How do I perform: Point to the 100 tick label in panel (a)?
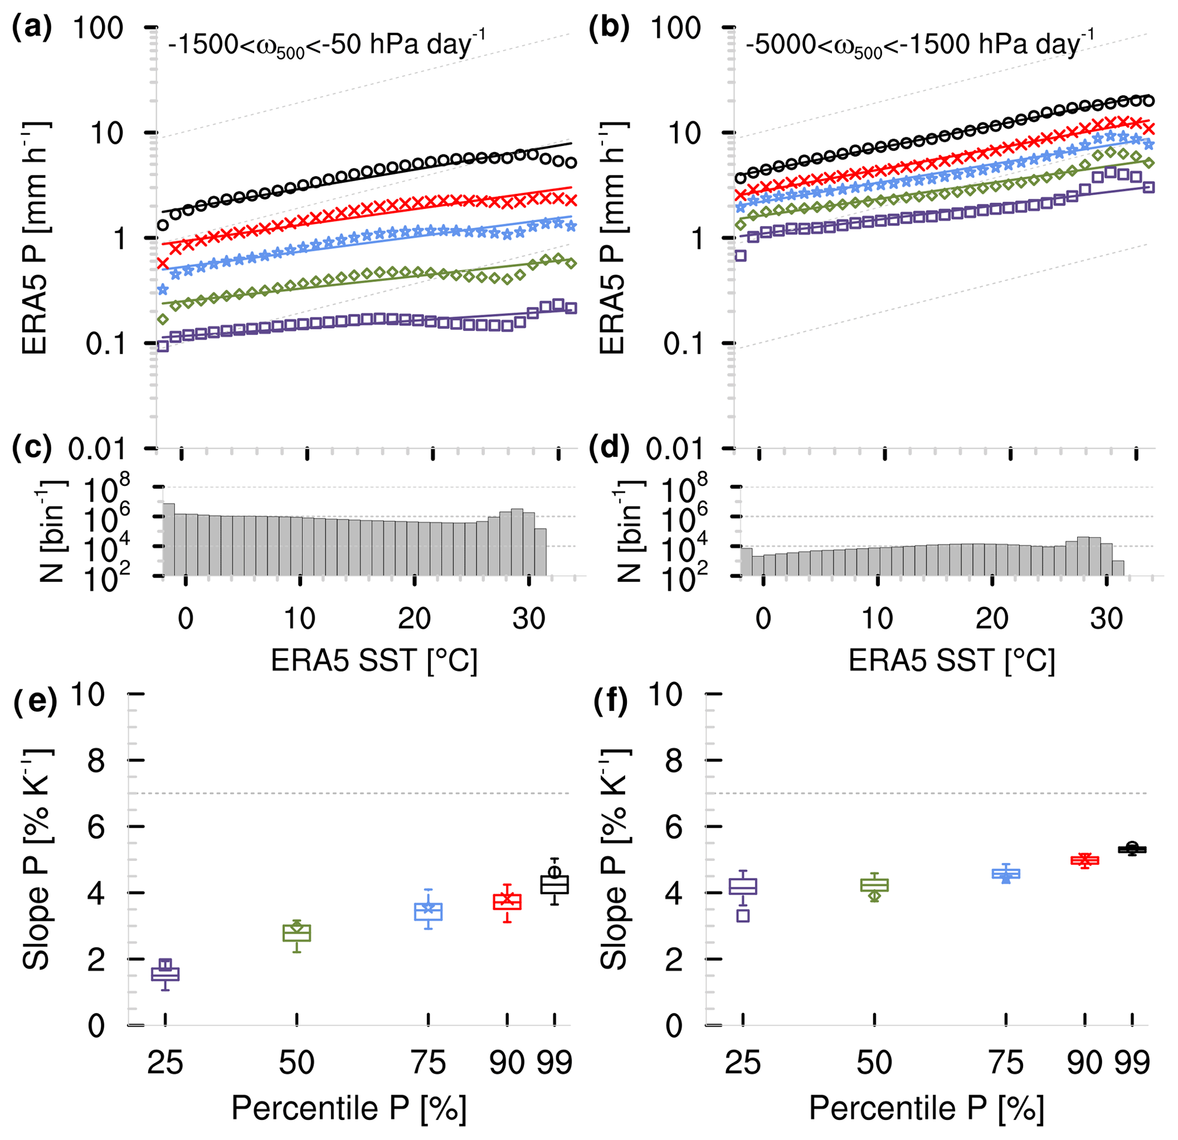(x=98, y=28)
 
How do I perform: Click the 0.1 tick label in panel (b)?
(x=684, y=344)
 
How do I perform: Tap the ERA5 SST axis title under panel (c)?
(x=374, y=660)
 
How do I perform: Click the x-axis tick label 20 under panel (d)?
(x=992, y=618)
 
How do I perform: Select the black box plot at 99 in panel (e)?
(x=554, y=884)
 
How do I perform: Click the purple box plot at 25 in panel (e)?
(x=165, y=974)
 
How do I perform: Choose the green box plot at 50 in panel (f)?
(x=874, y=885)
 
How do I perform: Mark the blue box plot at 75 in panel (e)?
(x=429, y=911)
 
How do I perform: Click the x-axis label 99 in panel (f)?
(x=1132, y=1063)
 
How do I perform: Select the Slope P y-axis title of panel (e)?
(x=36, y=859)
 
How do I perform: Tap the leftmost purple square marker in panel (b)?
(x=740, y=255)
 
